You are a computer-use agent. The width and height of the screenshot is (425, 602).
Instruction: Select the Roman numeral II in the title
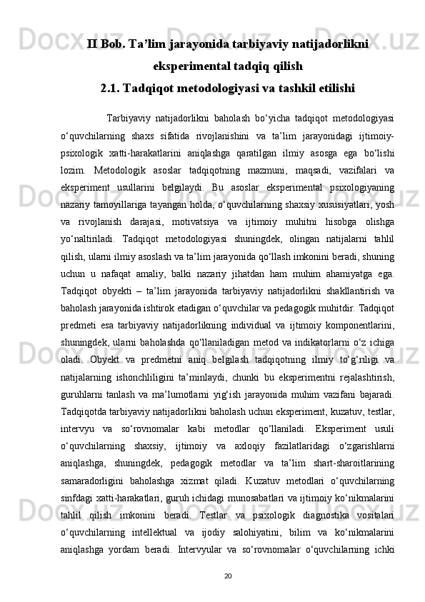point(92,45)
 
